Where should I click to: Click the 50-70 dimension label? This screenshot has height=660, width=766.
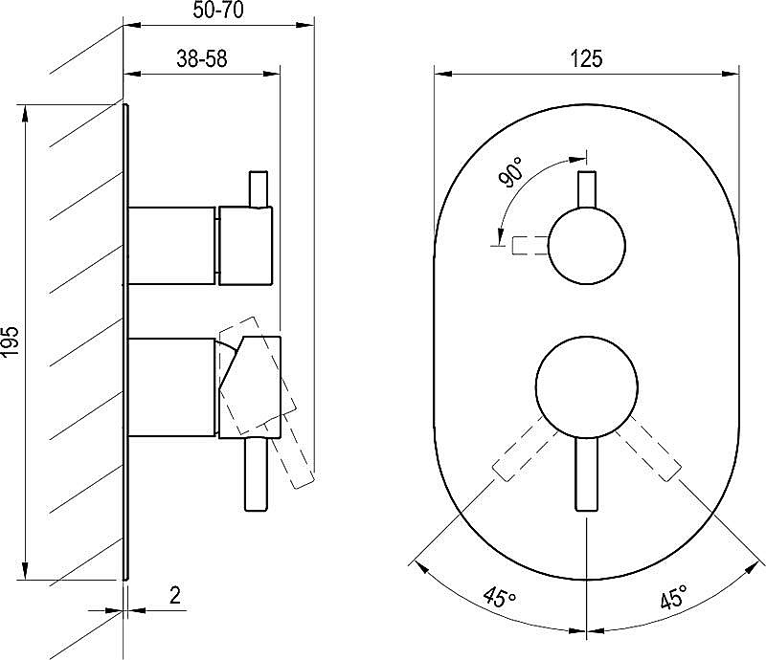[218, 11]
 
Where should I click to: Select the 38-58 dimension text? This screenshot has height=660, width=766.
[202, 59]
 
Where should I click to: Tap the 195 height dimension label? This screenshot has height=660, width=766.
[11, 341]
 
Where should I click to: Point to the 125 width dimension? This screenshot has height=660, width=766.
[586, 59]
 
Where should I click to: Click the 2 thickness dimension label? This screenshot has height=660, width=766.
[175, 595]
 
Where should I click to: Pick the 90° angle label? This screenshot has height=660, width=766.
[510, 172]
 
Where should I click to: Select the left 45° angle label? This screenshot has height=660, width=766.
[499, 597]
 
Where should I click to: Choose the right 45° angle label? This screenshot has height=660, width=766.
[674, 597]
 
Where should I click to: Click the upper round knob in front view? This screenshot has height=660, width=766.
[587, 246]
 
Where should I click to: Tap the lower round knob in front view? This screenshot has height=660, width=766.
[587, 386]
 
